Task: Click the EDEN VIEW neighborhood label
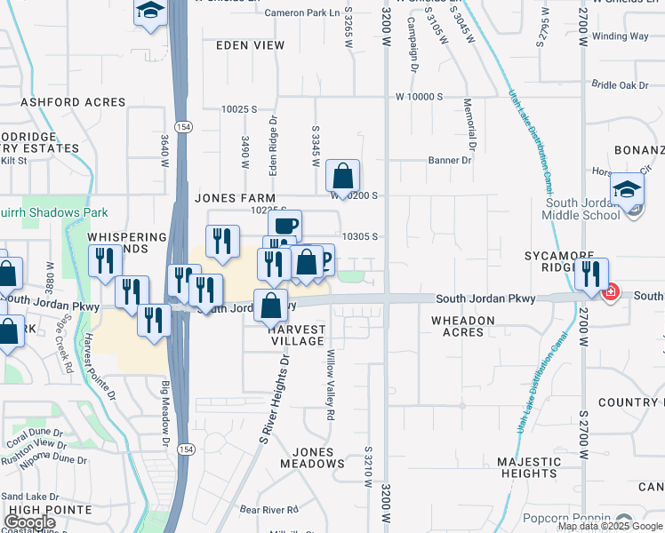(x=250, y=45)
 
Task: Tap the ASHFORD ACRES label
(x=73, y=102)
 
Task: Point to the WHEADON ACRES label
(x=458, y=326)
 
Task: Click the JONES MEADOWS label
(x=312, y=457)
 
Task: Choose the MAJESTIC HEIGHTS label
(x=530, y=467)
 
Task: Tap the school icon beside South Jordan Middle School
(x=627, y=189)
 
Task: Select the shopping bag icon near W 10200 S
(x=342, y=176)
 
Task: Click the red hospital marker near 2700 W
(x=610, y=291)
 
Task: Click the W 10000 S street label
(x=420, y=96)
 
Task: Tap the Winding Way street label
(x=620, y=36)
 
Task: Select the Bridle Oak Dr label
(x=621, y=85)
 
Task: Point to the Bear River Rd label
(x=268, y=510)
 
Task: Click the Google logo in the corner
(x=30, y=522)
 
